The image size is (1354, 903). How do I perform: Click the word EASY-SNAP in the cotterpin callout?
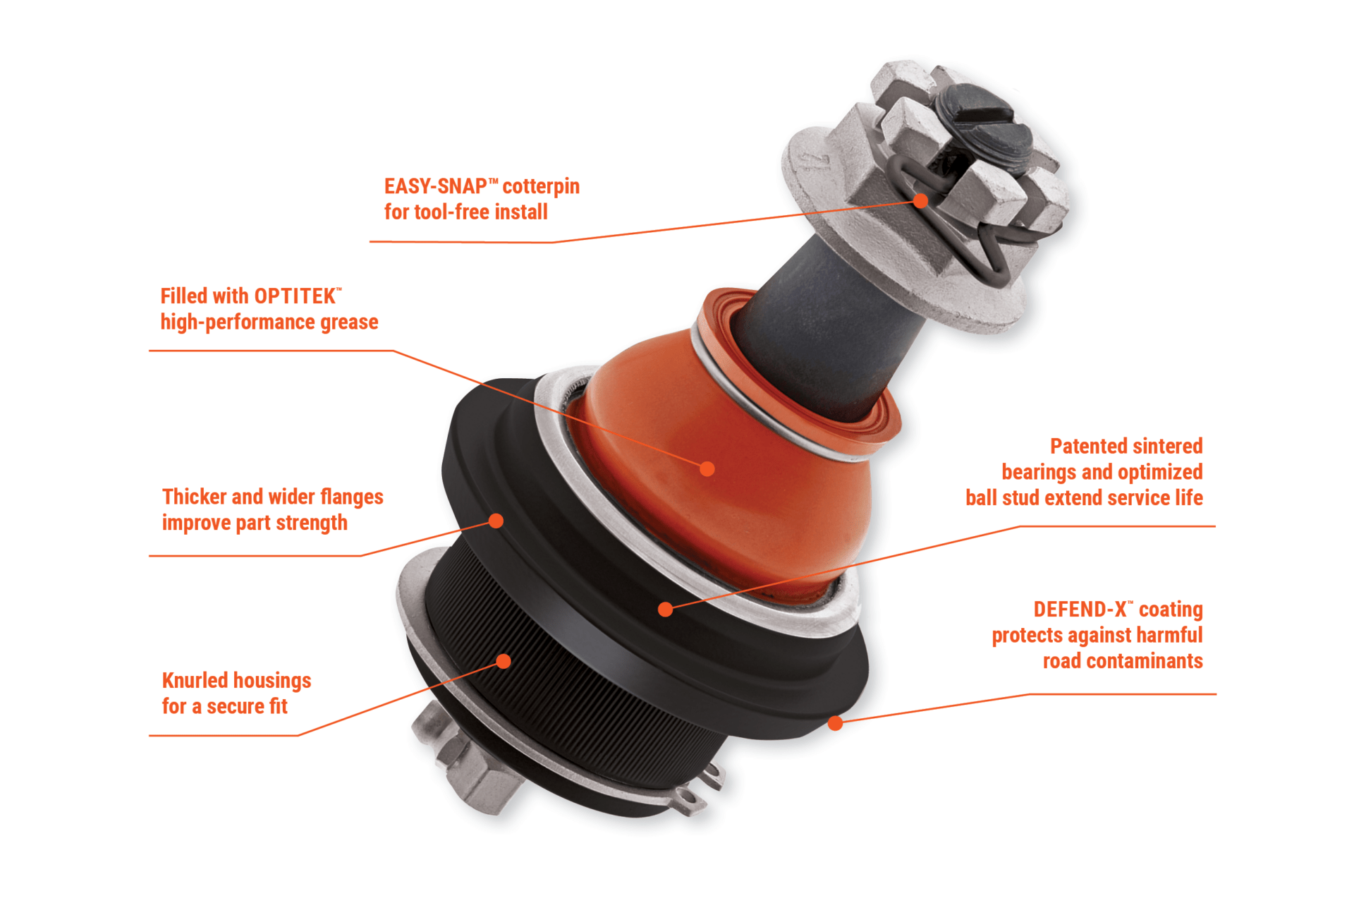pyautogui.click(x=435, y=186)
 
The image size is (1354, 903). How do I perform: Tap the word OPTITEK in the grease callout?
pyautogui.click(x=295, y=296)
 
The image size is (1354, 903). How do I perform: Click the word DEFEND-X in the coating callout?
pyautogui.click(x=1080, y=610)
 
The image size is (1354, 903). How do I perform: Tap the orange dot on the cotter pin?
pyautogui.click(x=920, y=201)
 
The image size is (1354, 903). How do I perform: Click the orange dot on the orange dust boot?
pyautogui.click(x=707, y=468)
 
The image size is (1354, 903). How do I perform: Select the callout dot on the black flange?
pyautogui.click(x=496, y=521)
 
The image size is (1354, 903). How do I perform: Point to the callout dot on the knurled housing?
pyautogui.click(x=504, y=661)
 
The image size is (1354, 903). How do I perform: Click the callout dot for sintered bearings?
pyautogui.click(x=665, y=609)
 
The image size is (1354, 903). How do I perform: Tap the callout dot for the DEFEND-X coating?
pyautogui.click(x=836, y=723)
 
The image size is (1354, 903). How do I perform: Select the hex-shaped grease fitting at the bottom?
pyautogui.click(x=469, y=765)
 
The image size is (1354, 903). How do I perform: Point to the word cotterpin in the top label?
pyautogui.click(x=541, y=187)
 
